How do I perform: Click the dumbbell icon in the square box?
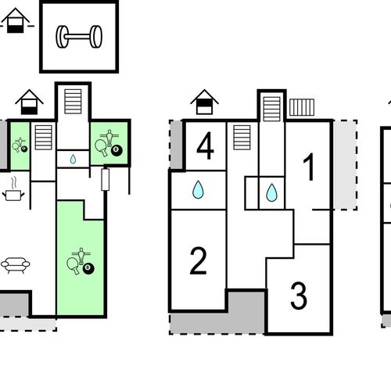pyautogui.click(x=79, y=37)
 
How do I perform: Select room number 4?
pyautogui.click(x=206, y=145)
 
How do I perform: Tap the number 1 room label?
pyautogui.click(x=309, y=167)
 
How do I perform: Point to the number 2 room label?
pyautogui.click(x=199, y=260)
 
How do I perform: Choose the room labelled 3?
pyautogui.click(x=299, y=296)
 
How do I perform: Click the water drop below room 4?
pyautogui.click(x=198, y=189)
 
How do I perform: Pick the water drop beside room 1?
pyautogui.click(x=271, y=192)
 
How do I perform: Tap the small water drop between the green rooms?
pyautogui.click(x=73, y=159)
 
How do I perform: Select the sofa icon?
pyautogui.click(x=16, y=265)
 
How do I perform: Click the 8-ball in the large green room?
pyautogui.click(x=88, y=268)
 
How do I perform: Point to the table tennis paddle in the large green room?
pyautogui.click(x=73, y=266)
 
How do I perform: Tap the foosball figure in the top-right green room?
pyautogui.click(x=109, y=138)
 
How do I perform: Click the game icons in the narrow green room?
pyautogui.click(x=20, y=145)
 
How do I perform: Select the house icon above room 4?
pyautogui.click(x=204, y=102)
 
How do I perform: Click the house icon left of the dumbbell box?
pyautogui.click(x=16, y=20)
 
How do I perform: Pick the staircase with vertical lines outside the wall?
pyautogui.click(x=302, y=107)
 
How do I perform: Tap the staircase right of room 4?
pyautogui.click(x=242, y=138)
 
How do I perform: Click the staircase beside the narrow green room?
pyautogui.click(x=44, y=138)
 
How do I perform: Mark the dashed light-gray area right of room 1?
pyautogui.click(x=345, y=165)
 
